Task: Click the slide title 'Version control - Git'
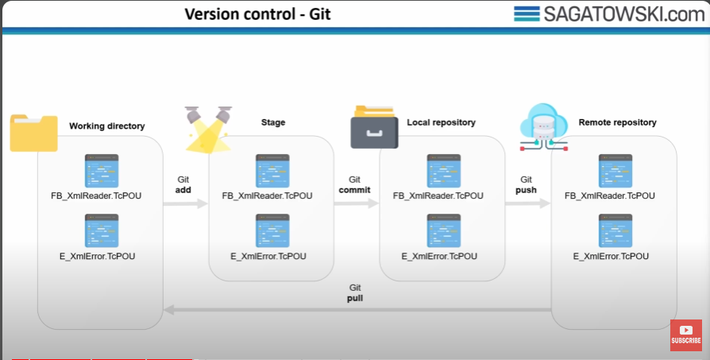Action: tap(257, 14)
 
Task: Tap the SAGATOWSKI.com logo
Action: tap(609, 14)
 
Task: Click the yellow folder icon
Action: tap(34, 133)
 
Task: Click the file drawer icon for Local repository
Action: tap(374, 127)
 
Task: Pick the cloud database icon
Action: tap(544, 127)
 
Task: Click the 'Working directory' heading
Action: tap(107, 126)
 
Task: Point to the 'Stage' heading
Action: tap(273, 122)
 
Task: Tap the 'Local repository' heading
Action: tap(441, 122)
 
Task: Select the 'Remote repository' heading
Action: tap(617, 122)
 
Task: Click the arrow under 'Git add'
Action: tap(185, 203)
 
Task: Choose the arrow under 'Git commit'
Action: tap(357, 203)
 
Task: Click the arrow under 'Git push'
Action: tap(527, 203)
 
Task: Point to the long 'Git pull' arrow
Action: tap(357, 310)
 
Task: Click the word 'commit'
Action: tap(354, 190)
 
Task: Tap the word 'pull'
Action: tap(355, 299)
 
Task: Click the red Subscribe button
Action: tap(685, 335)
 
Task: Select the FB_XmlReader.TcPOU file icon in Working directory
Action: tap(102, 171)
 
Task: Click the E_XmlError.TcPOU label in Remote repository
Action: tap(611, 257)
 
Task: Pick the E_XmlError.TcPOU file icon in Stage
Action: tap(272, 231)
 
